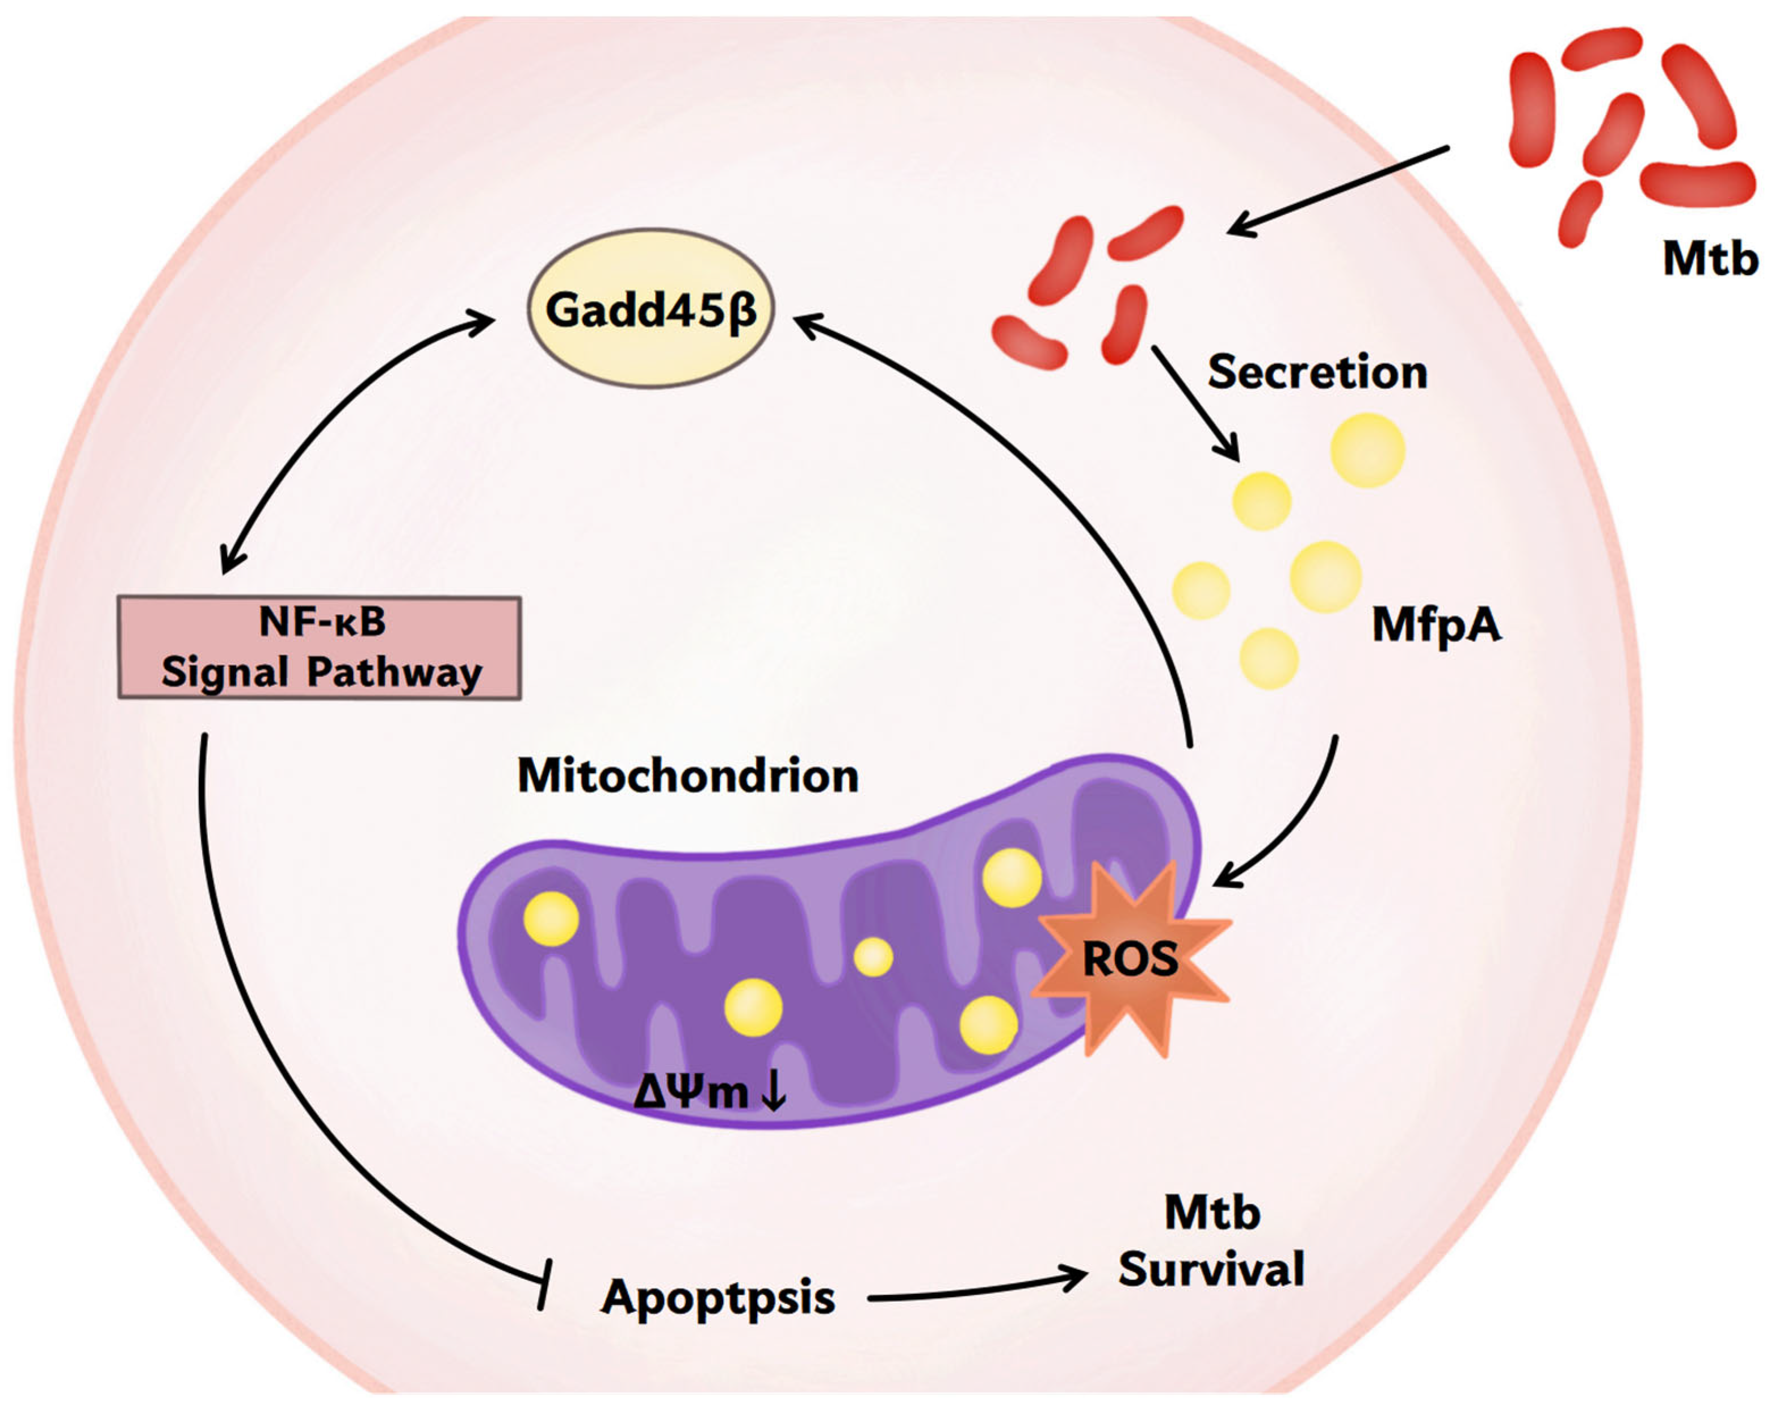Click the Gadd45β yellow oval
click(x=650, y=309)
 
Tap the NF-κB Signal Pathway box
click(x=320, y=648)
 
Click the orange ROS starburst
click(x=1131, y=958)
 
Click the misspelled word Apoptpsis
click(x=718, y=1298)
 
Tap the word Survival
click(x=1211, y=1270)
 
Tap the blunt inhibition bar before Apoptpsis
click(x=545, y=1284)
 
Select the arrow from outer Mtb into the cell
click(x=1336, y=191)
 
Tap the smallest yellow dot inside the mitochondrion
click(x=873, y=956)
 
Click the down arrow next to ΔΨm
click(x=774, y=1091)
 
